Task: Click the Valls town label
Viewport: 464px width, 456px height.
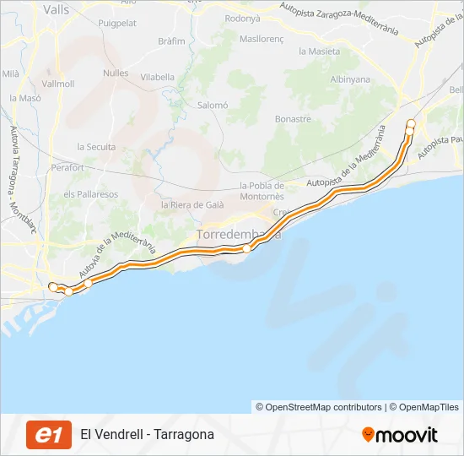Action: point(56,10)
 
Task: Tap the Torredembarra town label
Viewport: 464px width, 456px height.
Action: point(238,233)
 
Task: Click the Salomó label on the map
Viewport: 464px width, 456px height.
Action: point(213,105)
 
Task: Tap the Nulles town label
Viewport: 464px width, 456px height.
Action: point(116,73)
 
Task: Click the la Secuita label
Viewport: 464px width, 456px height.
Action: point(96,146)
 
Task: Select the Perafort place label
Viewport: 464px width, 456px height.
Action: point(67,168)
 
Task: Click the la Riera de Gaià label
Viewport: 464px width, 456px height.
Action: point(194,204)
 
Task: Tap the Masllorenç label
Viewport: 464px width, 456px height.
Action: point(262,39)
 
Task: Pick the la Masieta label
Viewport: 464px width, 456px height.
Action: point(320,51)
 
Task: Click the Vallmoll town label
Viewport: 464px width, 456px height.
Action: point(57,84)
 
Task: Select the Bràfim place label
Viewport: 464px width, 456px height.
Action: point(171,41)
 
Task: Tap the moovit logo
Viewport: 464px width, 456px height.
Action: point(400,435)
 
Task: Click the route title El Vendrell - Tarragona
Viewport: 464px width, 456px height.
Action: point(147,435)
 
